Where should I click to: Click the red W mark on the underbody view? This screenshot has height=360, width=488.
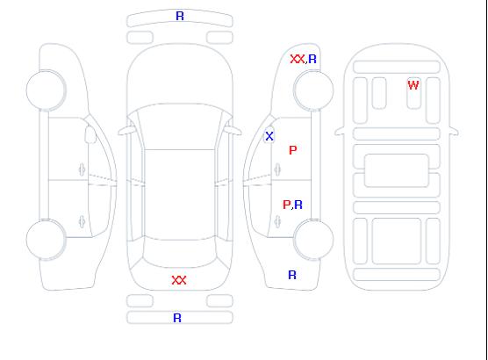[x=413, y=85]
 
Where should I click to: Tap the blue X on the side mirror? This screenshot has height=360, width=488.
[x=269, y=136]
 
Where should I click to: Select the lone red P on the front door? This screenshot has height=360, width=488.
[x=293, y=150]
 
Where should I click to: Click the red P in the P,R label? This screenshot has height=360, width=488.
[x=286, y=205]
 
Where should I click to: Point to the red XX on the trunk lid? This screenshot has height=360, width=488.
[x=179, y=280]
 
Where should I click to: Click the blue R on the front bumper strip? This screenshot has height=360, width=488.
[x=180, y=16]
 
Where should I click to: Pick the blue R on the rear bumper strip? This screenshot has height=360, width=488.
[x=177, y=318]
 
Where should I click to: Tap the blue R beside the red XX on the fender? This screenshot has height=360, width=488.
[x=312, y=59]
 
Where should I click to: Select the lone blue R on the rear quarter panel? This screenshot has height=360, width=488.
[x=292, y=275]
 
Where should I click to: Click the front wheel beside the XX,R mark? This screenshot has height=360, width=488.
[x=313, y=90]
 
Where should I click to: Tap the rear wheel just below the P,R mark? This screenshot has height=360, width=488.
[x=313, y=239]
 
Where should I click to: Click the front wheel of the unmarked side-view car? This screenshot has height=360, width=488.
[x=46, y=90]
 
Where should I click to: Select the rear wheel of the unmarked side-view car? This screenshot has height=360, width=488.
[x=46, y=239]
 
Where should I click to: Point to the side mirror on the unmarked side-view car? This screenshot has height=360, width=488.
[x=90, y=134]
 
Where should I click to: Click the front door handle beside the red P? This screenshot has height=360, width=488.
[x=277, y=170]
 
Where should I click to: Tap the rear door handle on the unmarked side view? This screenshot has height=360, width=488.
[x=82, y=221]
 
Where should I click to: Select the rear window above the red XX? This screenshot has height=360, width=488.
[x=180, y=252]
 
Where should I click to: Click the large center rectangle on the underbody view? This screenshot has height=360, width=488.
[x=397, y=170]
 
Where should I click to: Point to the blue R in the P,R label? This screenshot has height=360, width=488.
[x=298, y=205]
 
